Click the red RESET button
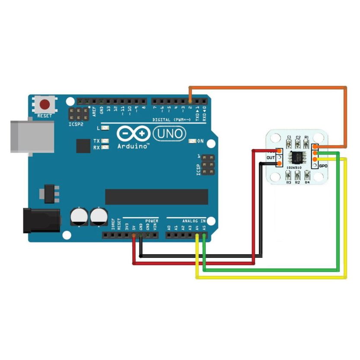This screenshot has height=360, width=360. pyautogui.click(x=45, y=105)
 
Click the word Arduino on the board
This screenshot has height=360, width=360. pyautogui.click(x=133, y=147)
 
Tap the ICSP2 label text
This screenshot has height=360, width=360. pyautogui.click(x=75, y=124)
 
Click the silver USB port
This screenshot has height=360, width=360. pyautogui.click(x=32, y=137)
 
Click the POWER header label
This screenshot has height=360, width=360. pyautogui.click(x=152, y=221)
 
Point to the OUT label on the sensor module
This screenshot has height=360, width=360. pyautogui.click(x=271, y=158)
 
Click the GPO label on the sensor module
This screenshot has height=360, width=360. pyautogui.click(x=323, y=166)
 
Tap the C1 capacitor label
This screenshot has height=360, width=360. pyautogui.click(x=289, y=137)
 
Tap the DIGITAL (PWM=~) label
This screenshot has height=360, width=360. pyautogui.click(x=171, y=119)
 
